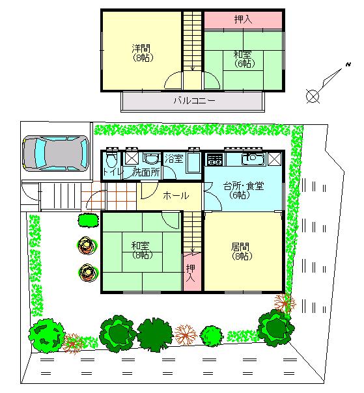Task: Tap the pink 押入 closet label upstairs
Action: (x=243, y=20)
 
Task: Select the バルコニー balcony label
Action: (x=193, y=102)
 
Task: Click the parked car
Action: (x=55, y=154)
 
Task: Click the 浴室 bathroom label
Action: (x=174, y=158)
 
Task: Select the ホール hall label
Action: (x=175, y=195)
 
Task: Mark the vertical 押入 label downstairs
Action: (x=190, y=273)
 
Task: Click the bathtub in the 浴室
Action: (x=194, y=163)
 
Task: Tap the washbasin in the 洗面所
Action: (x=152, y=159)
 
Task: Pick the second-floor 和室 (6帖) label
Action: (x=244, y=59)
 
